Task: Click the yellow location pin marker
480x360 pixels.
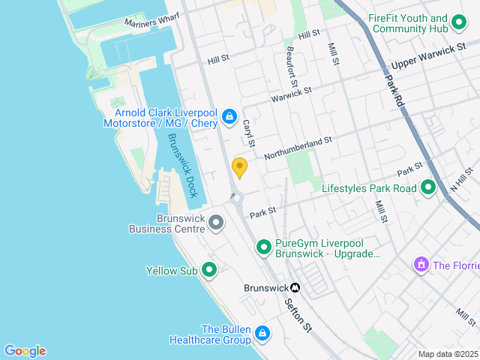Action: pyautogui.click(x=240, y=168)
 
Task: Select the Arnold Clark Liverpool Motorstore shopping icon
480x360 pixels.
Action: pyautogui.click(x=229, y=118)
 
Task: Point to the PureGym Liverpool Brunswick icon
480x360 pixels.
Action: pyautogui.click(x=264, y=246)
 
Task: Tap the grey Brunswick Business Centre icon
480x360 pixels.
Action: pyautogui.click(x=216, y=222)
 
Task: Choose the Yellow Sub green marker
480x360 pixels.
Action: pyautogui.click(x=209, y=269)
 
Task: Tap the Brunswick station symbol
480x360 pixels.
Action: pyautogui.click(x=295, y=288)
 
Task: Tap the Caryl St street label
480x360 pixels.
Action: pyautogui.click(x=249, y=132)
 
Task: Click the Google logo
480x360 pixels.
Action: pyautogui.click(x=25, y=351)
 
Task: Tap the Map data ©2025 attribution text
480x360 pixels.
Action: pyautogui.click(x=447, y=354)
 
